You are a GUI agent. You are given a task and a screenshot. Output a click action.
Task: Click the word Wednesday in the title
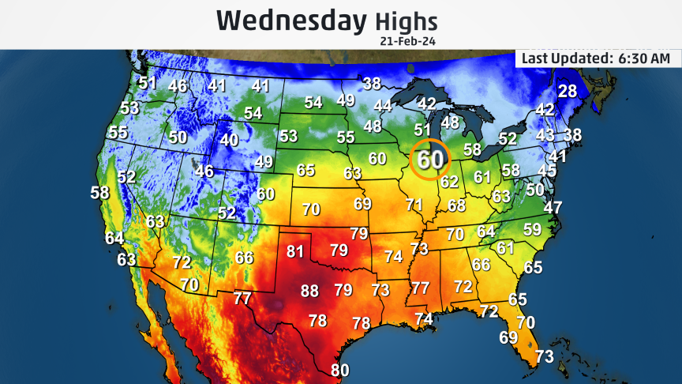click(291, 20)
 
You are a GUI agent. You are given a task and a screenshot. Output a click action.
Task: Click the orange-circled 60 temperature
click(430, 160)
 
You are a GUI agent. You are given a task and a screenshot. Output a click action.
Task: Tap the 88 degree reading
click(310, 291)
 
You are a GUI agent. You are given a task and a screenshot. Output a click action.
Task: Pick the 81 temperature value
click(295, 253)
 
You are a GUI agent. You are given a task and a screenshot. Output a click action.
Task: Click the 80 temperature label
click(339, 370)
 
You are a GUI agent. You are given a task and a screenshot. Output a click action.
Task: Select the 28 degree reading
click(568, 91)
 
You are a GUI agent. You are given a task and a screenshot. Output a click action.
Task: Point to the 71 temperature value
click(414, 205)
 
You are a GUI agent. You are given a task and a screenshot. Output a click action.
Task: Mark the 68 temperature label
click(457, 205)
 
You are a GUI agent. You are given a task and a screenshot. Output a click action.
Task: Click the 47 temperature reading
click(553, 208)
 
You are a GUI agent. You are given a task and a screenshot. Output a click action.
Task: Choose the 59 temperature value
click(533, 230)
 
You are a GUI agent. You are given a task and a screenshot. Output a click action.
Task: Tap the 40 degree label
click(229, 140)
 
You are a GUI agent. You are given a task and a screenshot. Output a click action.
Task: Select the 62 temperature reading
click(450, 183)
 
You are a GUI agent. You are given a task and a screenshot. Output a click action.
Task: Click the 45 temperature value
click(547, 170)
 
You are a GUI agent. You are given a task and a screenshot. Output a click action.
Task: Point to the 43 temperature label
click(545, 135)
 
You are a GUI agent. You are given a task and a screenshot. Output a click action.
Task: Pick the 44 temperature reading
click(383, 106)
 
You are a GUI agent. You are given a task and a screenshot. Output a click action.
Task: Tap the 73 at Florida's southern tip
click(545, 357)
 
